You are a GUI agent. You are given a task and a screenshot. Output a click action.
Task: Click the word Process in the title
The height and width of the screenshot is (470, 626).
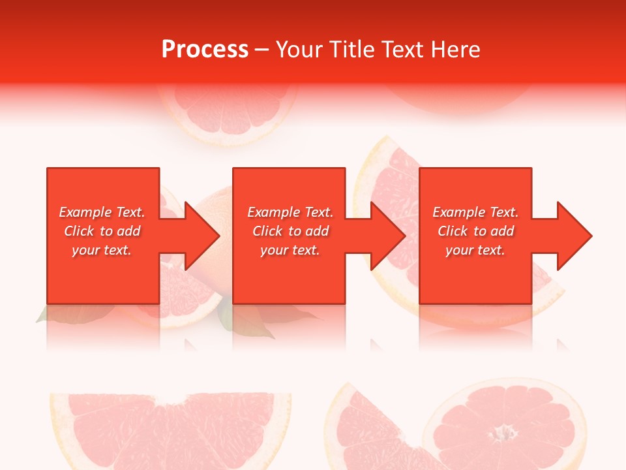(x=205, y=49)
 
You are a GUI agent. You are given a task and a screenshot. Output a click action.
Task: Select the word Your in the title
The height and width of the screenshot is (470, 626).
(x=300, y=49)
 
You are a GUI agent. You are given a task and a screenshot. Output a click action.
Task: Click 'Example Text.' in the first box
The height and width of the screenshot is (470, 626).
(x=102, y=212)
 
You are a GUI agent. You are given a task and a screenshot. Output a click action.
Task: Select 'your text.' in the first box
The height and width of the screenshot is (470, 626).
(x=102, y=250)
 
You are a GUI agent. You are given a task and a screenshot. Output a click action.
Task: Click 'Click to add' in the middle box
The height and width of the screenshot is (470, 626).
(x=290, y=231)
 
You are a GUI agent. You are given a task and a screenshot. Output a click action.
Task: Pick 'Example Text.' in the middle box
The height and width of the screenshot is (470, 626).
(x=290, y=212)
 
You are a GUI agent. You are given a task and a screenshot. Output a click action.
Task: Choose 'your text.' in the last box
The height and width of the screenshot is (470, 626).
(x=475, y=250)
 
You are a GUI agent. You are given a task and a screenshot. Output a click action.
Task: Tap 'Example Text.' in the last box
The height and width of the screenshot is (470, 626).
(x=475, y=212)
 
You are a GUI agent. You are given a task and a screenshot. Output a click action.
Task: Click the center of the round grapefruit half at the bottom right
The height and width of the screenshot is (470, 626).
(x=503, y=431)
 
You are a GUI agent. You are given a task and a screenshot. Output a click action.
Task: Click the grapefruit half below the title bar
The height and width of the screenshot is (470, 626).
(x=228, y=114)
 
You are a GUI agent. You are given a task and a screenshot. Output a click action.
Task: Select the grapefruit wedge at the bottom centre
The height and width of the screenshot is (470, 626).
(x=372, y=428)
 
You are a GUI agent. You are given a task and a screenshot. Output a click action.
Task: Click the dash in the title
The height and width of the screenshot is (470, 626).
(x=262, y=50)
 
